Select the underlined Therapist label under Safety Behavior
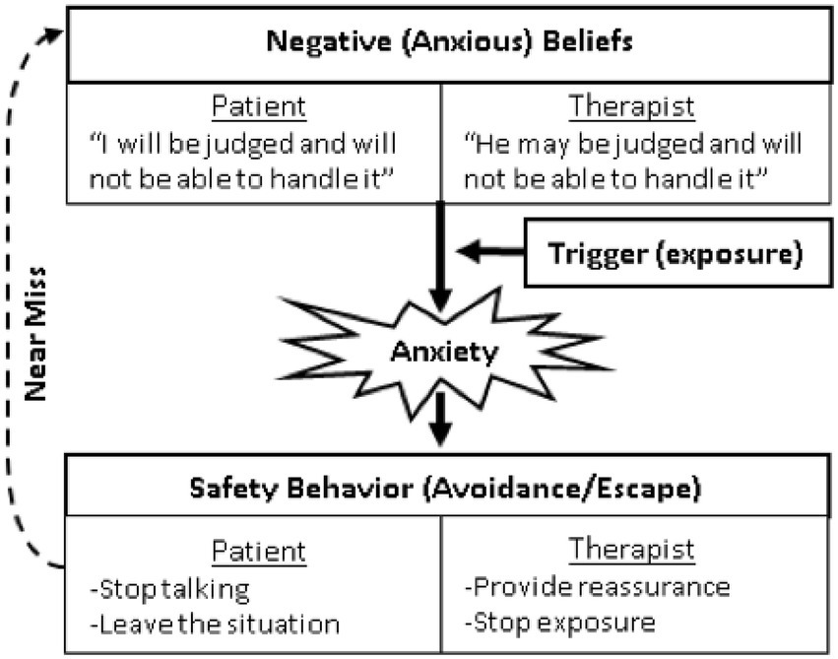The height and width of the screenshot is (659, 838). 632,550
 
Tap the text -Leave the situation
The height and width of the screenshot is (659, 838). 214,623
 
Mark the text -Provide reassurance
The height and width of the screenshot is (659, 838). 597,588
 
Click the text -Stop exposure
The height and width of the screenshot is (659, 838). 561,623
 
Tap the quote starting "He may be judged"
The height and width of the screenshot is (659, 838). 631,160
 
